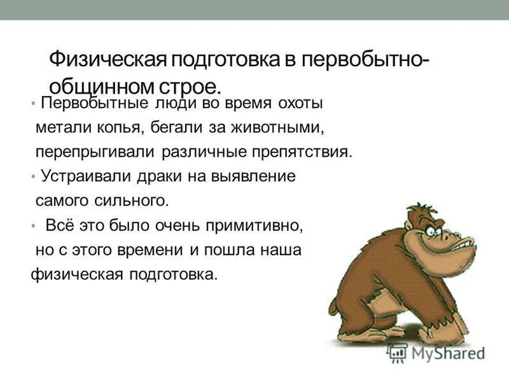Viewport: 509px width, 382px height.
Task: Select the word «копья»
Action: [x=126, y=128]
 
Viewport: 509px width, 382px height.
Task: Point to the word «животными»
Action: [x=274, y=128]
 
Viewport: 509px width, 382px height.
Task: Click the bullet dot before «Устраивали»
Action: [x=33, y=176]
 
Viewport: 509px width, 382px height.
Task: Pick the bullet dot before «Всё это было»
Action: [x=33, y=225]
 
